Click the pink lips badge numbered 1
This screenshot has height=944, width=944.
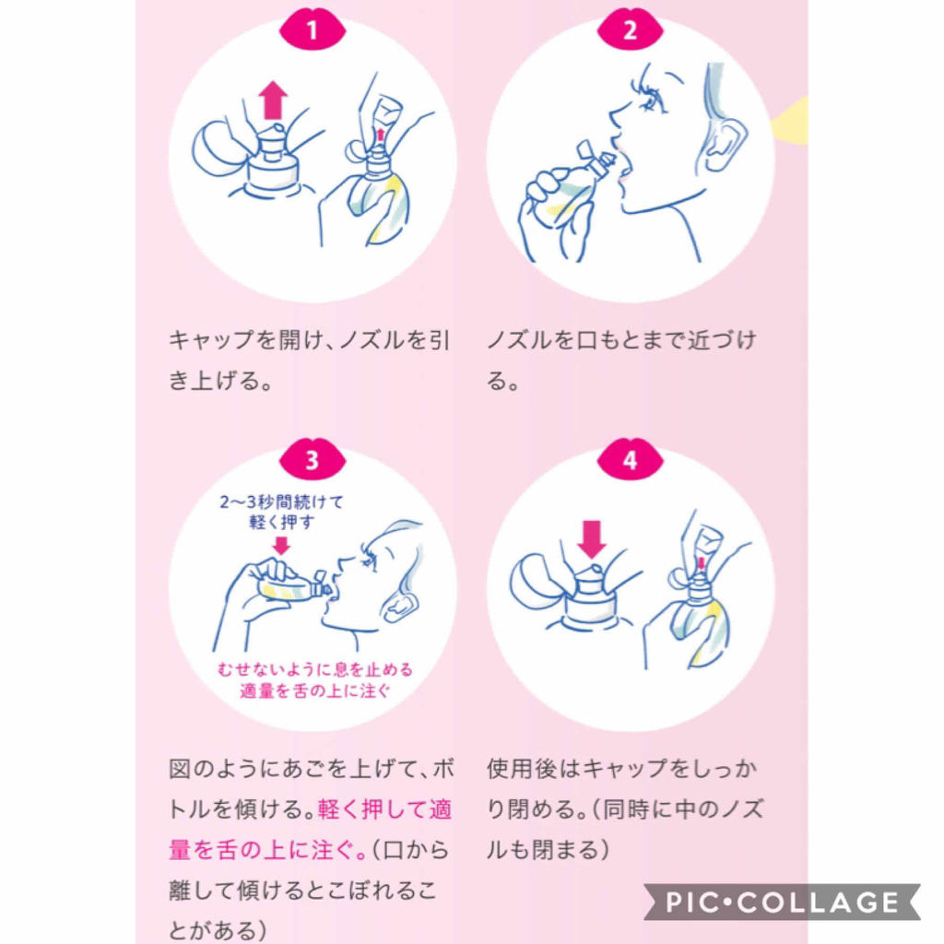click(312, 29)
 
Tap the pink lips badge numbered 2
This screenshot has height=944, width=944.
click(630, 29)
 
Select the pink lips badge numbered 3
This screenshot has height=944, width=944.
click(312, 460)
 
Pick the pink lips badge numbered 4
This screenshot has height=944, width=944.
click(630, 460)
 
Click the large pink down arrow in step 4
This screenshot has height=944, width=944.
click(591, 537)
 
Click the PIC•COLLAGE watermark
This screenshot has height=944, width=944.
click(783, 902)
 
